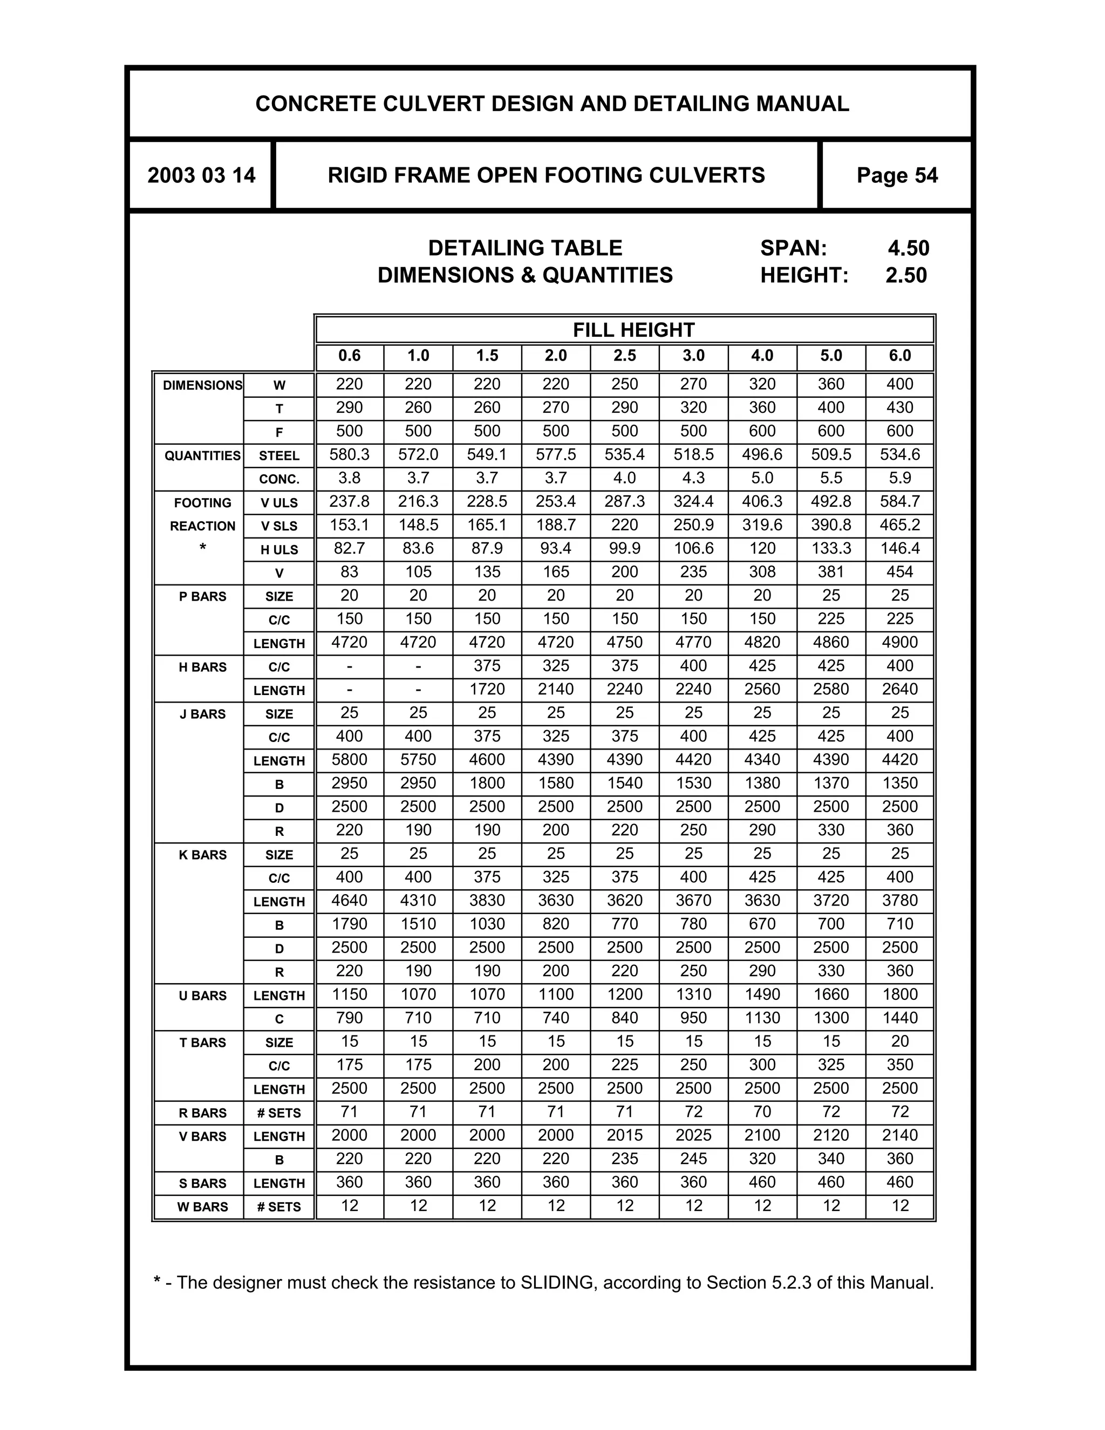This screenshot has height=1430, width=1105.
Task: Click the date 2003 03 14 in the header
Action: click(x=201, y=175)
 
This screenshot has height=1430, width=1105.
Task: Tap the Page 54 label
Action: click(x=897, y=175)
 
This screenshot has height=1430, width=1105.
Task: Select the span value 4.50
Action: click(x=908, y=248)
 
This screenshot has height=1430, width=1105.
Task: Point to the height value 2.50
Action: click(x=906, y=275)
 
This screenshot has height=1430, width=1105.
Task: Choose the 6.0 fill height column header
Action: click(x=899, y=356)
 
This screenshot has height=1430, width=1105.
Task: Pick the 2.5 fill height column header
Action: click(x=624, y=356)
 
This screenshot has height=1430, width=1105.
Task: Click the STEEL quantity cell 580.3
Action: click(x=349, y=454)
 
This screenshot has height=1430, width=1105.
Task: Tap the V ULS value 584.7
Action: click(x=899, y=501)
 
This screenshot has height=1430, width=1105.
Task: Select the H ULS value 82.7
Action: click(x=349, y=549)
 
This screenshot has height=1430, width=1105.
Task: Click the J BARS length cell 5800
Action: click(x=349, y=760)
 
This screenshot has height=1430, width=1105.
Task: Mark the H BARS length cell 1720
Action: click(x=487, y=690)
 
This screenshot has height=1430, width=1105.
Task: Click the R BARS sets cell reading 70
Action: click(x=762, y=1112)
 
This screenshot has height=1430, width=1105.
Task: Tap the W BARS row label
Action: click(x=202, y=1207)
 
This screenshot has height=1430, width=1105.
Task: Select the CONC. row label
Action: click(x=279, y=479)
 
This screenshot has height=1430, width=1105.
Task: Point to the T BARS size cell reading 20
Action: click(x=899, y=1041)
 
